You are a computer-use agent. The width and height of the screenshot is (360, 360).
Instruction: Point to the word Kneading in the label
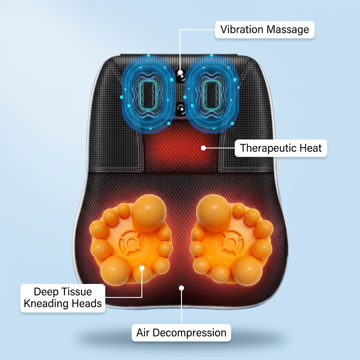(46, 303)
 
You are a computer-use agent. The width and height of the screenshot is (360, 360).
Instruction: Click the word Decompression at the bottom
(189, 333)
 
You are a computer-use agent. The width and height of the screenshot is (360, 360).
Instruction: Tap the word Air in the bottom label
(143, 333)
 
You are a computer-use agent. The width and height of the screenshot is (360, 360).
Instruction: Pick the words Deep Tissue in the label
(63, 291)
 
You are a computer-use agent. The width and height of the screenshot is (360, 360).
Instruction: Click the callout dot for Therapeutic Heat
(203, 148)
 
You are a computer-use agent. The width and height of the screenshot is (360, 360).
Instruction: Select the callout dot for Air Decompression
(181, 288)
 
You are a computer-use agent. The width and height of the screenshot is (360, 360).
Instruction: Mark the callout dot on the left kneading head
(142, 268)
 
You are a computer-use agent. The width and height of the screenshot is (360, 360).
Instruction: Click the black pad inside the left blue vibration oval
(148, 95)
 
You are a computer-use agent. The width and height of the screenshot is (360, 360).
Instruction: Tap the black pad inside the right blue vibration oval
(211, 95)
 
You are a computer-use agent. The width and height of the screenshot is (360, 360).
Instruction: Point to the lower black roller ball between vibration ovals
(181, 108)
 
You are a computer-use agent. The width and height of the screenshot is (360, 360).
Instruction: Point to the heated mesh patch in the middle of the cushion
(181, 147)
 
